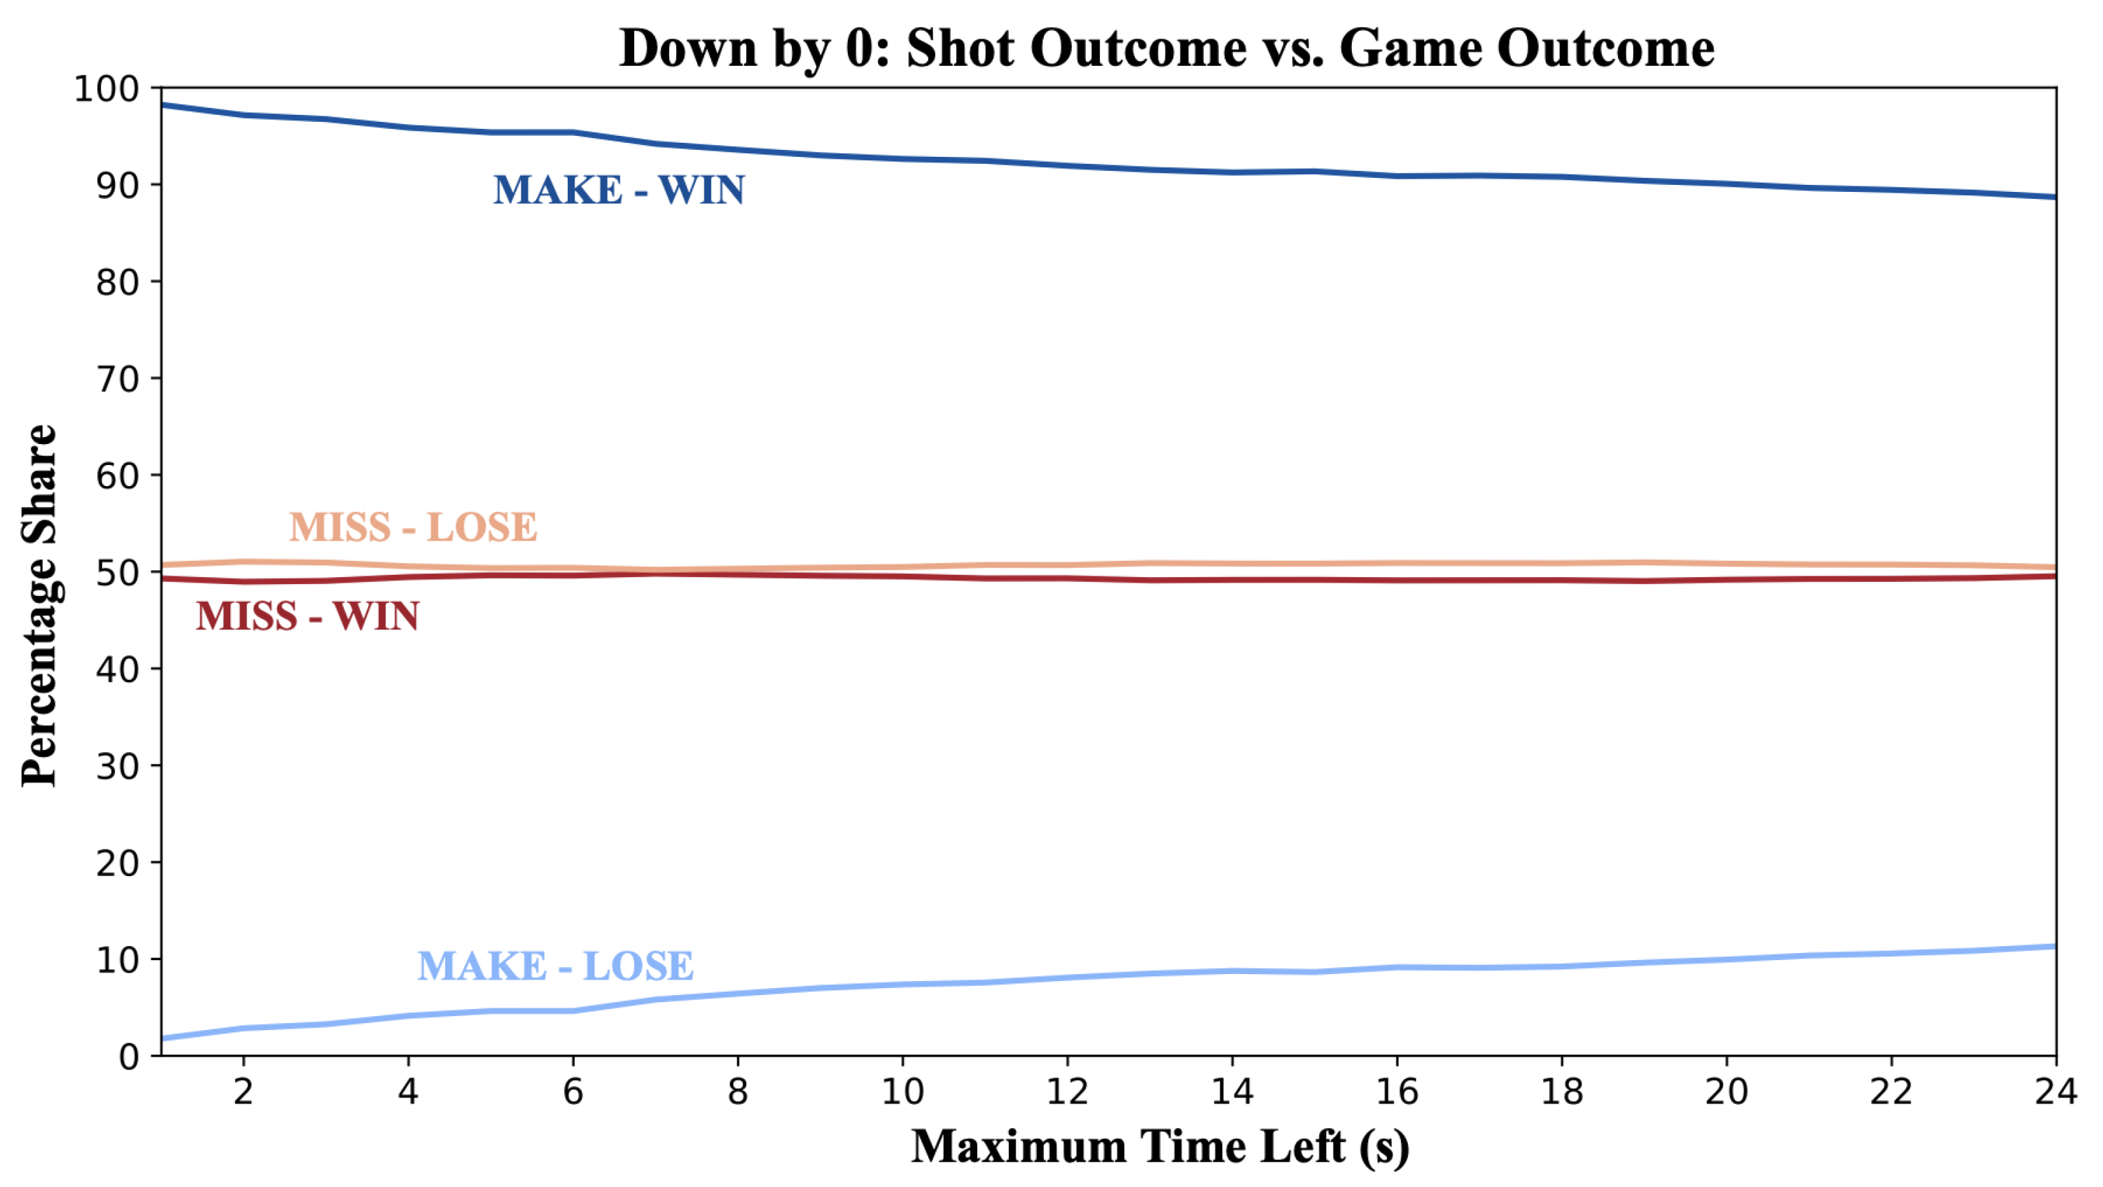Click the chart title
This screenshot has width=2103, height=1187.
pyautogui.click(x=1166, y=48)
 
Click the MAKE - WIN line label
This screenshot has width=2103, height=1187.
pyautogui.click(x=619, y=190)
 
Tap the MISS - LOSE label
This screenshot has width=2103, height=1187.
pyautogui.click(x=413, y=527)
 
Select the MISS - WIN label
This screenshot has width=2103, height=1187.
pyautogui.click(x=308, y=616)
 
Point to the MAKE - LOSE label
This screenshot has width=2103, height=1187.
pyautogui.click(x=555, y=966)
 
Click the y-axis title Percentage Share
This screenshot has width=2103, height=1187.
pyautogui.click(x=39, y=605)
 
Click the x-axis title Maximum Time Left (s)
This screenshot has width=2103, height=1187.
pyautogui.click(x=1160, y=1146)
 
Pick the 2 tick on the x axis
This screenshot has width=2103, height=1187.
pyautogui.click(x=244, y=1092)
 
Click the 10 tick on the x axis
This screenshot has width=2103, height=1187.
pyautogui.click(x=902, y=1092)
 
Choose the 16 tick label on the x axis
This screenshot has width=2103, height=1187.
pyautogui.click(x=1397, y=1092)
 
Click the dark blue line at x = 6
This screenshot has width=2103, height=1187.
pyautogui.click(x=573, y=132)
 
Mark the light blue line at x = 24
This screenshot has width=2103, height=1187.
pyautogui.click(x=2053, y=947)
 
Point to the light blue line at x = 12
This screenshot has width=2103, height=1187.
pyautogui.click(x=1068, y=977)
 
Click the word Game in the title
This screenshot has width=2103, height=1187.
pyautogui.click(x=1409, y=48)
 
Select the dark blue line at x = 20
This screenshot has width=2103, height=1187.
pyautogui.click(x=1726, y=183)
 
